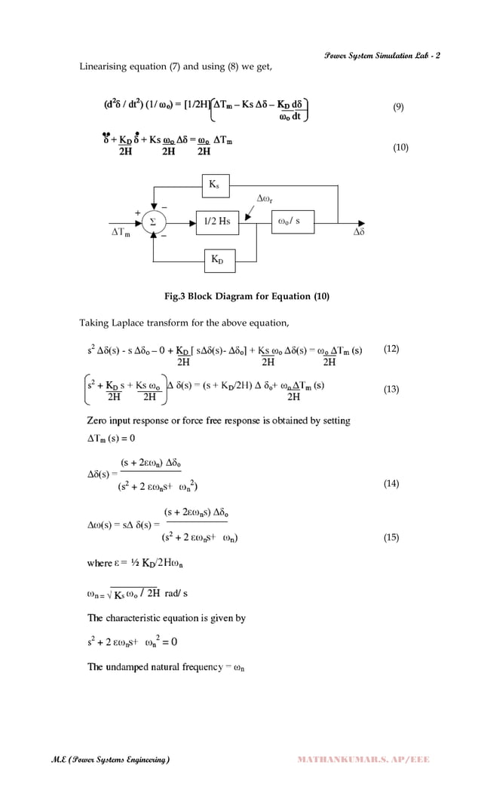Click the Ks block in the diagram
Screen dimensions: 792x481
(215, 185)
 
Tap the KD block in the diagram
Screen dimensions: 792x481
(219, 261)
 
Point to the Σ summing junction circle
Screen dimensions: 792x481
(155, 222)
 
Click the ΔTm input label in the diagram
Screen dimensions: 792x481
(116, 234)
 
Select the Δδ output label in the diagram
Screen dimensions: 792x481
(360, 234)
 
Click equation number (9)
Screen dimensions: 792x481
(399, 107)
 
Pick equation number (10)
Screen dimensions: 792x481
(400, 148)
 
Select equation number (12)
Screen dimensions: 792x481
(391, 349)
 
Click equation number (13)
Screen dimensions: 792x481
(391, 390)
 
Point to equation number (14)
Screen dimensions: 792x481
(391, 484)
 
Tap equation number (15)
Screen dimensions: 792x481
(391, 537)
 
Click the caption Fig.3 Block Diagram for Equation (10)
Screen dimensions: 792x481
(247, 296)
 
